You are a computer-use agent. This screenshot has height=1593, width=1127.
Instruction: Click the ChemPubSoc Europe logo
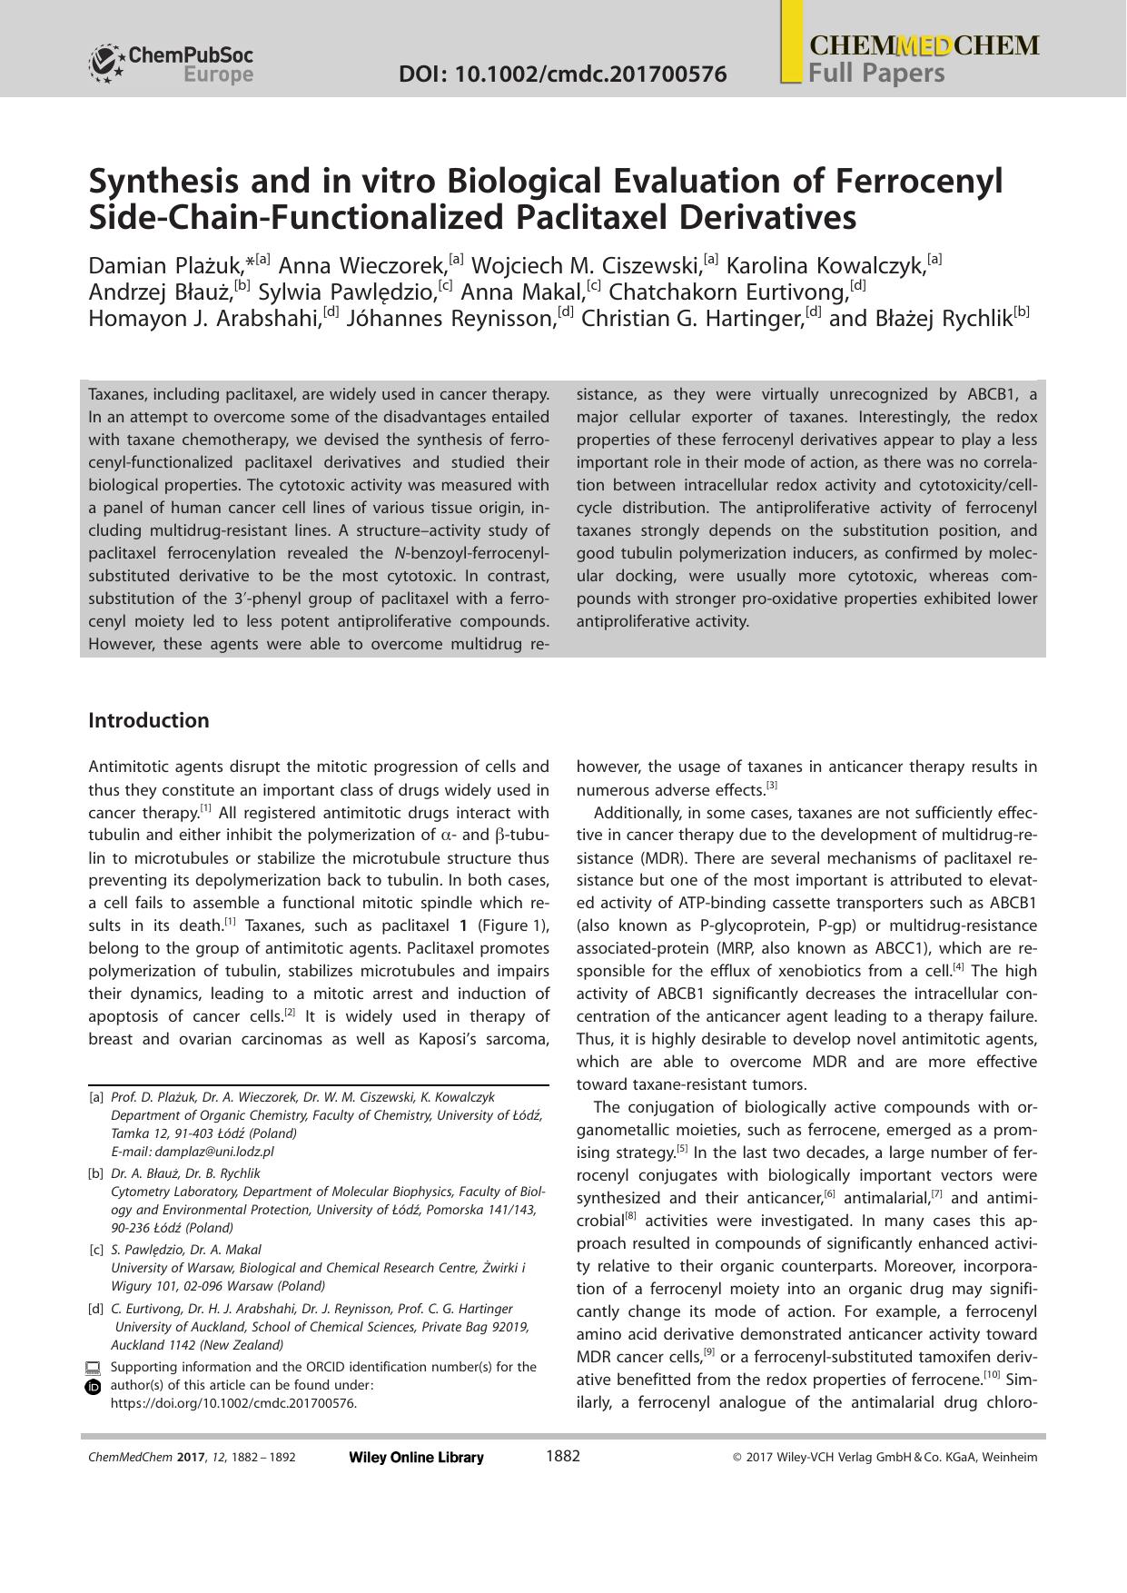(x=171, y=64)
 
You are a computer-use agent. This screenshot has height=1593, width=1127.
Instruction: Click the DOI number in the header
(x=562, y=74)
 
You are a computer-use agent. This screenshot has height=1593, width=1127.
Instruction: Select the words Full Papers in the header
(x=876, y=73)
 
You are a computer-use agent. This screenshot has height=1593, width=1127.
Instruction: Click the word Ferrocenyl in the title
(x=918, y=181)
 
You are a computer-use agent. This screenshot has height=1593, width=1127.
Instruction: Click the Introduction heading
(x=148, y=720)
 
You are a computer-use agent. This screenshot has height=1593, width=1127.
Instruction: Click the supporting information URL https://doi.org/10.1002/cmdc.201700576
(x=233, y=1403)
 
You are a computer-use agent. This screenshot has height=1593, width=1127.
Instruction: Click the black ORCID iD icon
(x=93, y=1387)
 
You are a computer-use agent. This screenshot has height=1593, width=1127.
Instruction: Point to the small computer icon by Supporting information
(x=93, y=1368)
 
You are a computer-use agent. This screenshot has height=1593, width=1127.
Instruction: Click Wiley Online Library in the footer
(x=416, y=1458)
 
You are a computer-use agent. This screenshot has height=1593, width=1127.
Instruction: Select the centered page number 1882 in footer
(x=562, y=1456)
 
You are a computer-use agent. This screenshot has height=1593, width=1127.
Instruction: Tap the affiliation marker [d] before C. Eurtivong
(x=95, y=1309)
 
